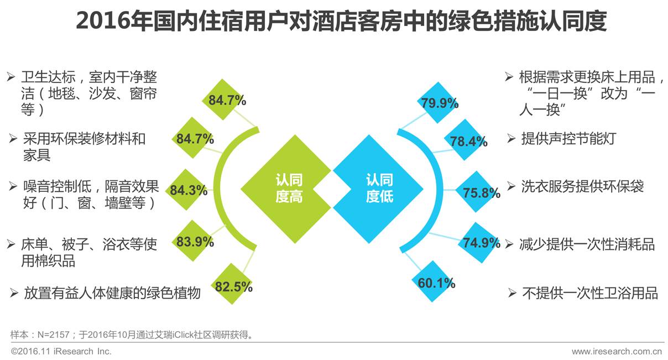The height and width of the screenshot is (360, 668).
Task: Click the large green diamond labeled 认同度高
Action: pos(289,189)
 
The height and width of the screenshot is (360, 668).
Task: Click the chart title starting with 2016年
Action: pos(341,22)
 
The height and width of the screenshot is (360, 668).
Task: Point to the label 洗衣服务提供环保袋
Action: pos(582,186)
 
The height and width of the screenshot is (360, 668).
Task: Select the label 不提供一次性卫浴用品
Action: pos(589,293)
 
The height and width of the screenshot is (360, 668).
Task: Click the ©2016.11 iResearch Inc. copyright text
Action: pos(61,351)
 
